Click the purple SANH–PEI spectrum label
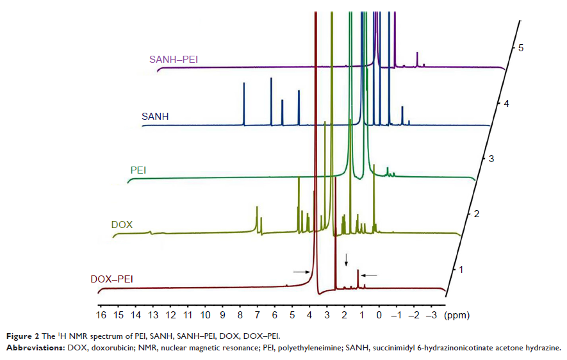(x=173, y=59)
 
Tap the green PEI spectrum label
(x=138, y=170)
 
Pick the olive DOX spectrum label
(x=122, y=225)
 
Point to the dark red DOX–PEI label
(x=116, y=279)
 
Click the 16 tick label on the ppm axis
(x=101, y=315)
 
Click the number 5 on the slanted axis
(x=522, y=48)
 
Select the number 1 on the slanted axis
(x=459, y=269)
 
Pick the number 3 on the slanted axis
(x=491, y=158)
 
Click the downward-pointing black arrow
(x=347, y=259)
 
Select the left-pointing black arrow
(x=370, y=275)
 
